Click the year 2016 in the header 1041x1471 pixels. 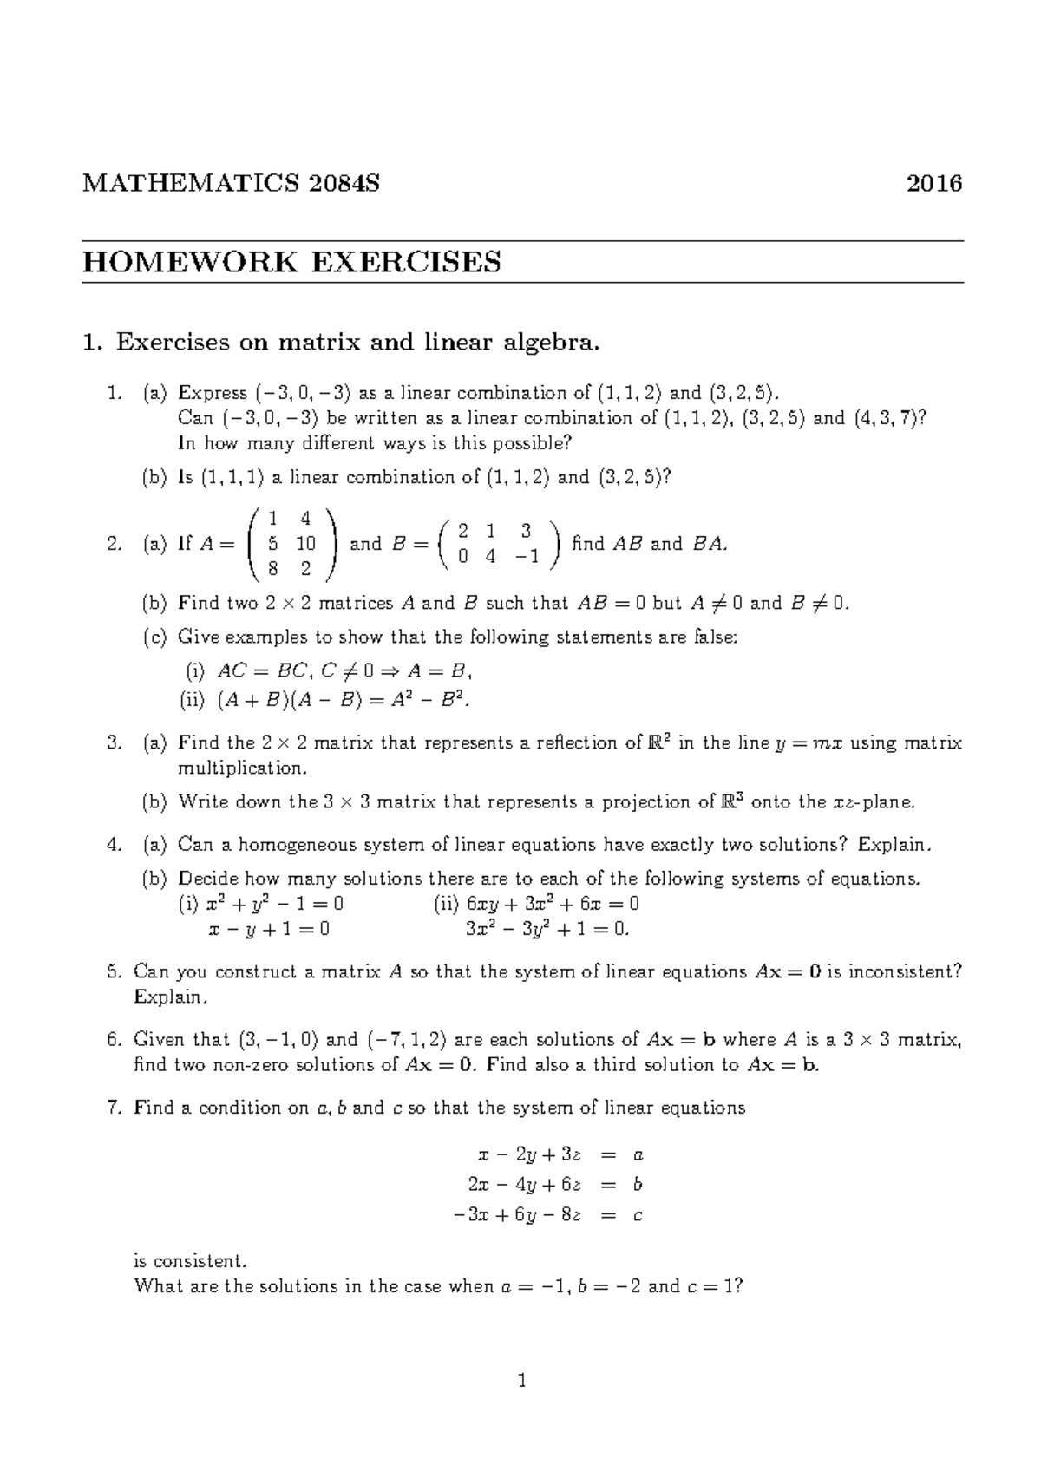coord(933,184)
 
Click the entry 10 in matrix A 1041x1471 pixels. coord(304,544)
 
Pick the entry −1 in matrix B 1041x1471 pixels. coord(527,557)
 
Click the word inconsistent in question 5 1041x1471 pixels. coord(905,971)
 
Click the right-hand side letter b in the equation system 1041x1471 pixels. coord(638,1185)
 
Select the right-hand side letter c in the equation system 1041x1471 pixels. coord(638,1215)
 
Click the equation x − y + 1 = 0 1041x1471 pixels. coord(269,929)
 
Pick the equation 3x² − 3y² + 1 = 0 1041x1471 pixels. coord(547,929)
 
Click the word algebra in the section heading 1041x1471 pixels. coord(552,343)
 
